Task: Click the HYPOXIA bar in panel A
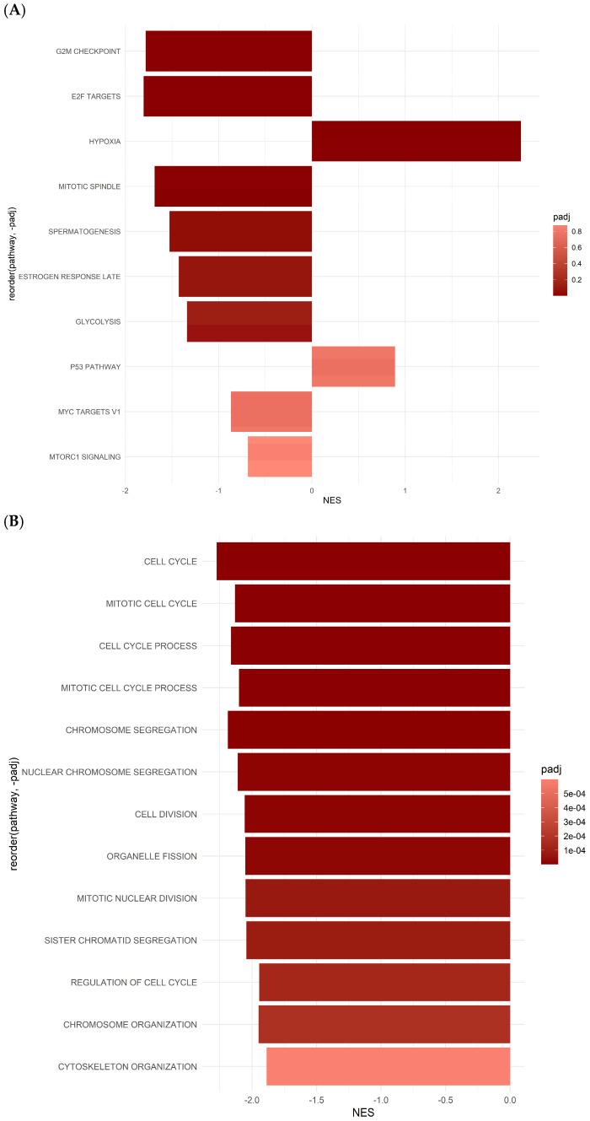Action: (x=416, y=141)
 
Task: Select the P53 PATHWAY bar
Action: (x=353, y=366)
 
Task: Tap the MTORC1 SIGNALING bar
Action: (x=280, y=456)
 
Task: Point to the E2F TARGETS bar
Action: (x=228, y=96)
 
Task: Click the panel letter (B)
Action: (x=13, y=522)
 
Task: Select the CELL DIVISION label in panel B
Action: (x=165, y=814)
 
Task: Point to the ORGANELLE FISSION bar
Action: (x=378, y=856)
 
